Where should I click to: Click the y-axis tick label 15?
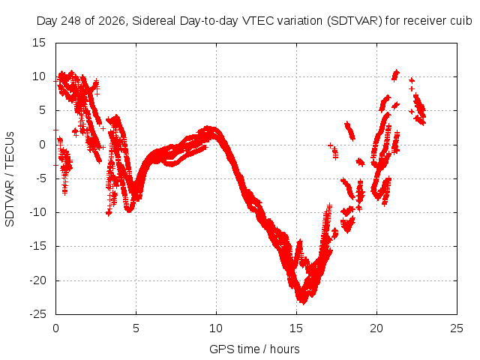tap(39, 43)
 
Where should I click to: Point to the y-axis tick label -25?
tap(37, 314)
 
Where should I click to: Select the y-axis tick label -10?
tap(37, 212)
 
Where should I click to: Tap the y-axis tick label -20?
tap(37, 280)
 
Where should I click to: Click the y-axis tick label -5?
tap(40, 178)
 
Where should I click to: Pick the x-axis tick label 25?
tap(457, 328)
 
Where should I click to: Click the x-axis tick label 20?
tap(376, 328)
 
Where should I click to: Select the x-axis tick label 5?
tap(136, 328)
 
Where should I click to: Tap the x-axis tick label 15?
tap(296, 328)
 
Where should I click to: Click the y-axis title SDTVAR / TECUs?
tap(10, 179)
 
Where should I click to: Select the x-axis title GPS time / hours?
tap(254, 349)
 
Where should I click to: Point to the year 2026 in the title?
tap(112, 21)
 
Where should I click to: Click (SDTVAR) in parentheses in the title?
tap(355, 21)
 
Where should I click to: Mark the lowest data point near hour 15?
tap(303, 302)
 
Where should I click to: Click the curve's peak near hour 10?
tap(208, 128)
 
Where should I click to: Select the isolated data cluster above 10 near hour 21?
tap(395, 75)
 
